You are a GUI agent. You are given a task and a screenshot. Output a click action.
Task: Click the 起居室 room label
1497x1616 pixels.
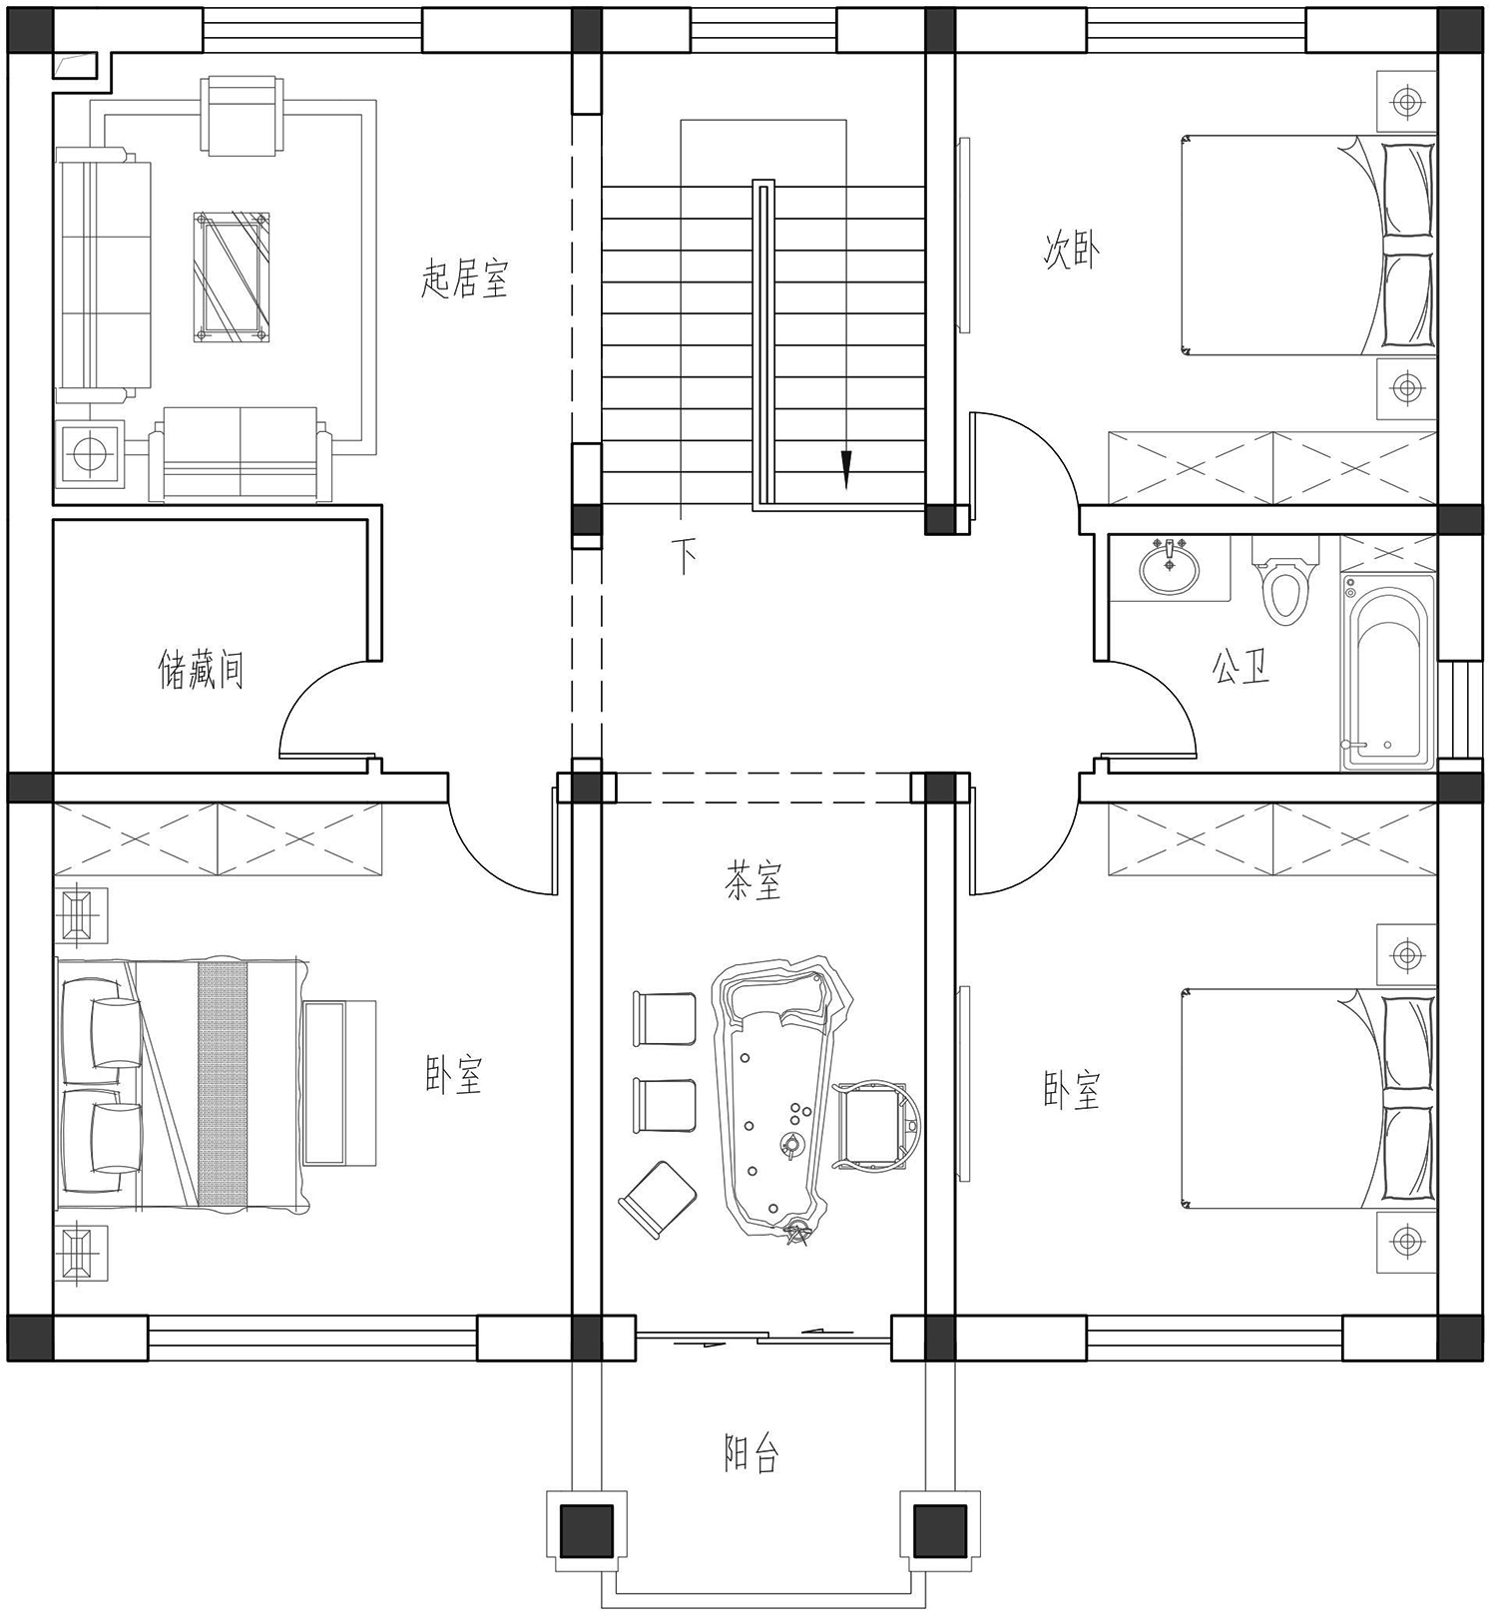click(x=464, y=279)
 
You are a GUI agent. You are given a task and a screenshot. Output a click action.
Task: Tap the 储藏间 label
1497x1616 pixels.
click(x=201, y=670)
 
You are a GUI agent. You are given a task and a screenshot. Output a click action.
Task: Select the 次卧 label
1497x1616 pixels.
click(x=1072, y=251)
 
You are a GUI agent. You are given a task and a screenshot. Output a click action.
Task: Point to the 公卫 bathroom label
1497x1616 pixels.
click(x=1241, y=667)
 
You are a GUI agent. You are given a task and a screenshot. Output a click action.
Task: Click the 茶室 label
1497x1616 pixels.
click(x=753, y=881)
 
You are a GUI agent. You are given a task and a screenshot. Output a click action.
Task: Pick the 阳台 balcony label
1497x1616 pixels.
click(x=750, y=1453)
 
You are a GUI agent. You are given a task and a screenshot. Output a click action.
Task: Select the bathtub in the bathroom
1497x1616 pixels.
click(x=1388, y=672)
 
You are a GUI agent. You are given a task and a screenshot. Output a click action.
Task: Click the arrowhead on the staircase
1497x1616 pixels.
click(x=846, y=469)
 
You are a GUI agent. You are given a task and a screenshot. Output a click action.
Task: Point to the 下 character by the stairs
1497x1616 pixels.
click(x=685, y=556)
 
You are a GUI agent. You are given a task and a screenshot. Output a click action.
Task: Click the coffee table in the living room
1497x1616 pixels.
click(x=233, y=277)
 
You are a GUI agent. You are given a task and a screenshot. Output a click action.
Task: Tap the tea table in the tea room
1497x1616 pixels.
click(x=784, y=1098)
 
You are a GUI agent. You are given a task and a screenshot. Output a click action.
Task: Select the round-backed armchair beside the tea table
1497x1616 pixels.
click(x=877, y=1124)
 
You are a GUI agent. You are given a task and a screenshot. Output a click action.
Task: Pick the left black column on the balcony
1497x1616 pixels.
click(x=586, y=1531)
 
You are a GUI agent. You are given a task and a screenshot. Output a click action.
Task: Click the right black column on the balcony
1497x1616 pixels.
click(x=940, y=1531)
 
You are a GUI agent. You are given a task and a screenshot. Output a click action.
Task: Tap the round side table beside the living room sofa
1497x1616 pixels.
click(x=89, y=454)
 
